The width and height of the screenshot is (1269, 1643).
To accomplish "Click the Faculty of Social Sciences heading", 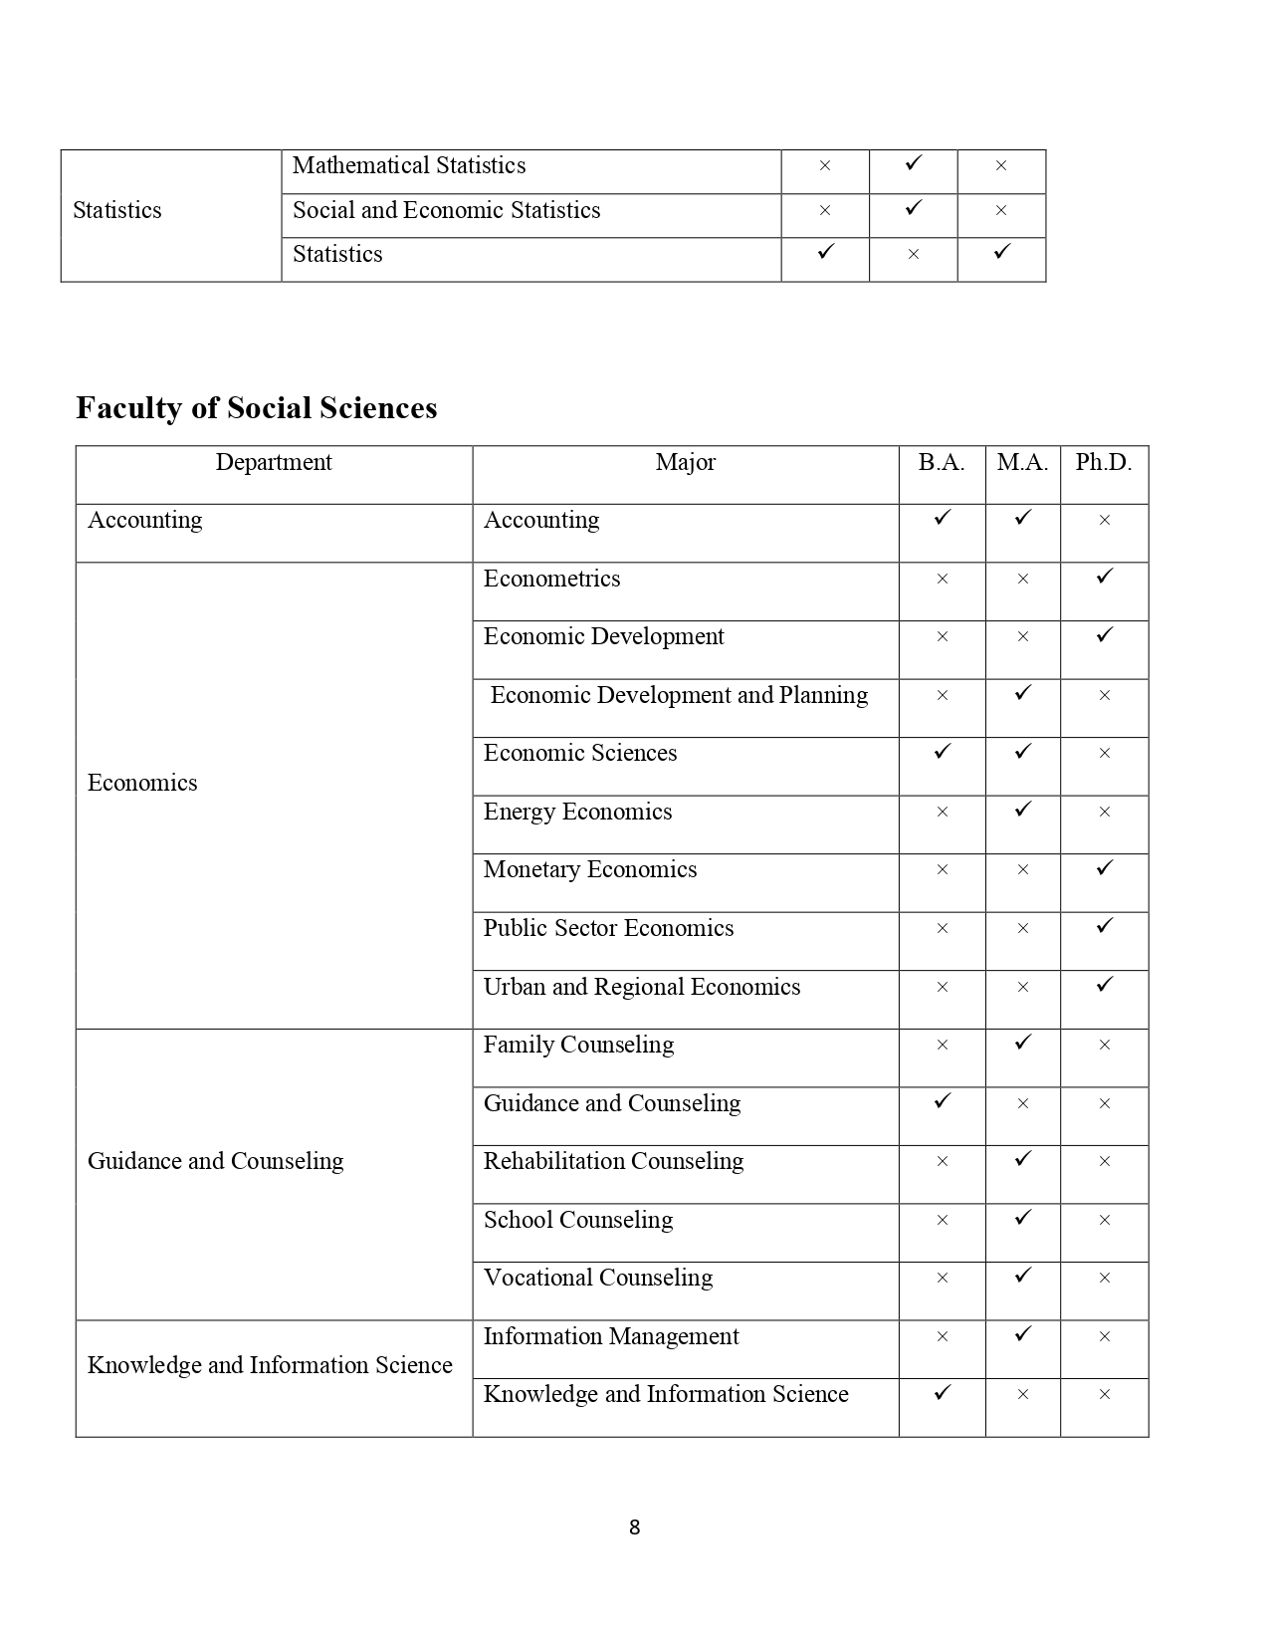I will (257, 408).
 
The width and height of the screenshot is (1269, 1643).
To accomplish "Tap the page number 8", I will (634, 1527).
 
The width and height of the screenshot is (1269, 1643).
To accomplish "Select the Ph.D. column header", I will (1104, 463).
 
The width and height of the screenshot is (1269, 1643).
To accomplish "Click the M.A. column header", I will (1022, 463).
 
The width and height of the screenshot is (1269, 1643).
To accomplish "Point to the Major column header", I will (685, 463).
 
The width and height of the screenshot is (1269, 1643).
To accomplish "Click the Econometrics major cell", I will (551, 580).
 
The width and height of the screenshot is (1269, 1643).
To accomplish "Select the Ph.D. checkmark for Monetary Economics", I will (1104, 868).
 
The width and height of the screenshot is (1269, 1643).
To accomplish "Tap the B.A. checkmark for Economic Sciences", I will (942, 752).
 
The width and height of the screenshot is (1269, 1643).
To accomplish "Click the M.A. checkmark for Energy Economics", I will (1022, 810).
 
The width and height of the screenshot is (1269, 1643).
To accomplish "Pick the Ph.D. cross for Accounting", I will (1104, 521).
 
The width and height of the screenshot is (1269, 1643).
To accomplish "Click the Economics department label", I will (142, 784).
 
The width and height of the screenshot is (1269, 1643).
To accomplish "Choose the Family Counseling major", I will (578, 1046).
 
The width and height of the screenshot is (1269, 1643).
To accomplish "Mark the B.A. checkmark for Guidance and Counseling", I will (942, 1101).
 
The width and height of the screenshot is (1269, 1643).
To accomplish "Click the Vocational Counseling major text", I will (598, 1279).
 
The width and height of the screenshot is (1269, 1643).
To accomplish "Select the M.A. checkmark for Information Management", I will (1022, 1334).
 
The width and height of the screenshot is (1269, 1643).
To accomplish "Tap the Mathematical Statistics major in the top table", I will (409, 166).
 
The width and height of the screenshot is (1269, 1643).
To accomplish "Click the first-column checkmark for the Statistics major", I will (824, 253).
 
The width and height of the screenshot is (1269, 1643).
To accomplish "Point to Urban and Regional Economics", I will (642, 988).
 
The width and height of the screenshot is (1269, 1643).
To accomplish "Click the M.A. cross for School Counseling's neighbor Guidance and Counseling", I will (1022, 1104).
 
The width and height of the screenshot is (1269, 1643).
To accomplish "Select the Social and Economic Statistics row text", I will (447, 211).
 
